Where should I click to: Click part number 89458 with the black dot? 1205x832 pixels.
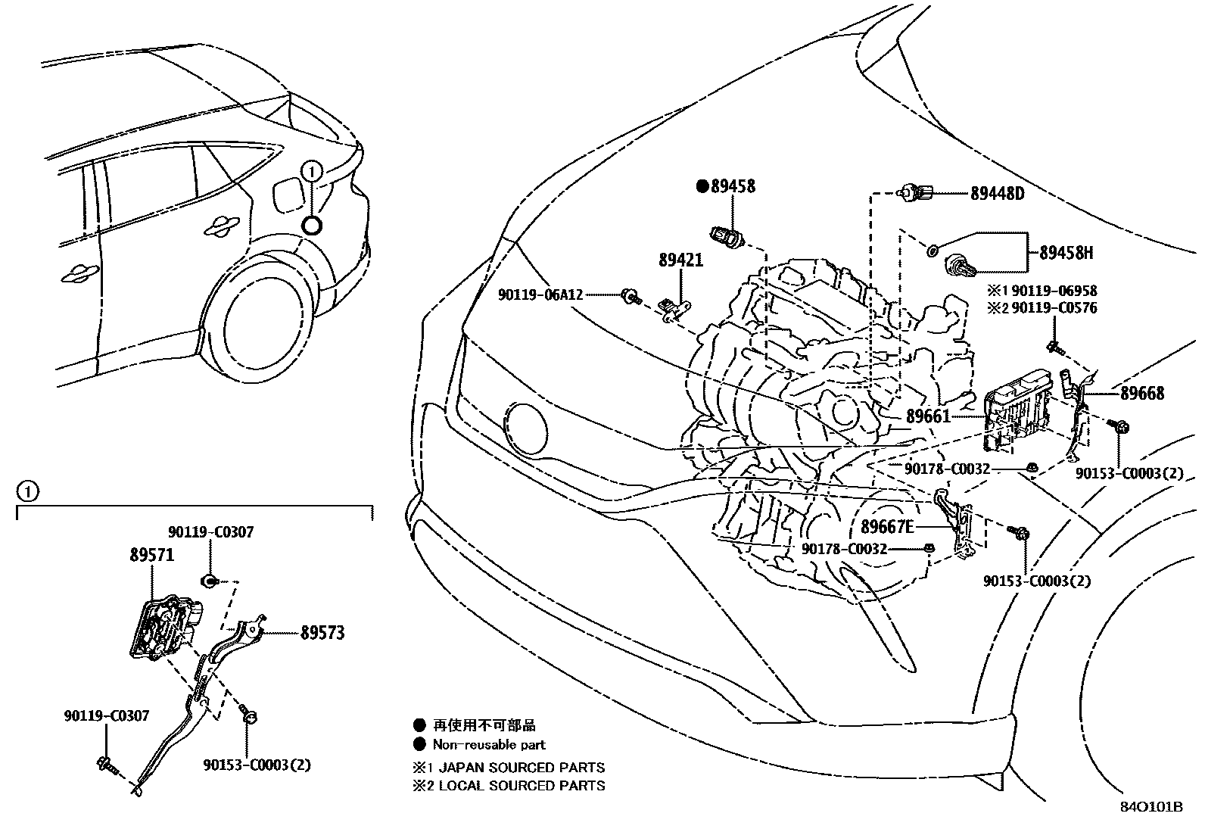(731, 185)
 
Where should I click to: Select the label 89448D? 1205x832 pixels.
(997, 193)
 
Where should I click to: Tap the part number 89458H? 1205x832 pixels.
(1066, 253)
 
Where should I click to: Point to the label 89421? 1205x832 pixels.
(680, 260)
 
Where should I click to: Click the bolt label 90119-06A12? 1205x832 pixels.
(540, 294)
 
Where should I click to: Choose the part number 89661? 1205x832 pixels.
(928, 416)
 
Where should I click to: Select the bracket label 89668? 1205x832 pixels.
(1142, 393)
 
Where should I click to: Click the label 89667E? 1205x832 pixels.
(887, 526)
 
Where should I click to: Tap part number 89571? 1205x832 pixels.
(151, 555)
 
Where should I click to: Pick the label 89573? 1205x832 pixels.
(322, 632)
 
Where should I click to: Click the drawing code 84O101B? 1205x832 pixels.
(1151, 807)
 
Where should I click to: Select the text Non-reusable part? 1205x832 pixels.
(489, 744)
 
